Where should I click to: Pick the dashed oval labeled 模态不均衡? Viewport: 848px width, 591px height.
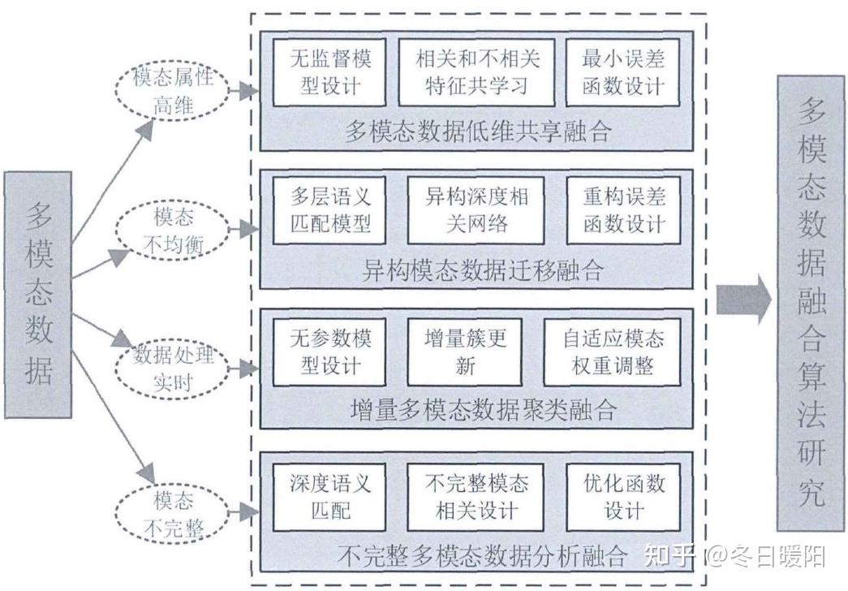click(174, 228)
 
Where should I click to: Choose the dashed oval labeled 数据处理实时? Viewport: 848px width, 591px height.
click(172, 369)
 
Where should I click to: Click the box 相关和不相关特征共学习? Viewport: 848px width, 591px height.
click(476, 71)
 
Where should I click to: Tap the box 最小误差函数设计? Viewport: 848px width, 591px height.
click(622, 71)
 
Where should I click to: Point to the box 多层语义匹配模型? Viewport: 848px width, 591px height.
click(329, 209)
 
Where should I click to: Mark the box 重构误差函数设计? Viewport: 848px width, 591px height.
click(622, 209)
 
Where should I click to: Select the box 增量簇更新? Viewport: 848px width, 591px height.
click(465, 351)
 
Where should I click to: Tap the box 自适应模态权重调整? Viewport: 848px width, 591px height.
click(613, 351)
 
